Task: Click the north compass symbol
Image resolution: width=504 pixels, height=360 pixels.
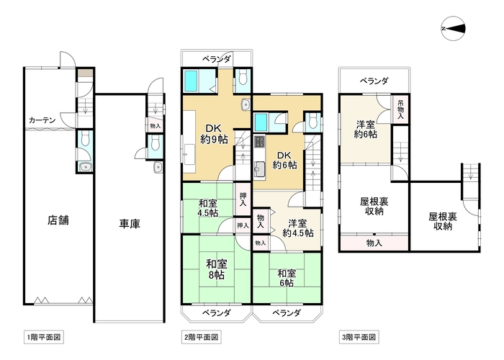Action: (x=453, y=29)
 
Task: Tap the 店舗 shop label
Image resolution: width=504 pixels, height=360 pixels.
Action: (x=58, y=220)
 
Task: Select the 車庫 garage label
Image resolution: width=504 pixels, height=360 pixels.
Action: (x=130, y=224)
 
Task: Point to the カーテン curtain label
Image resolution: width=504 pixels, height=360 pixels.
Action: (x=42, y=120)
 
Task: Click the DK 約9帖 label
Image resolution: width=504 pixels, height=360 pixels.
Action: (x=214, y=134)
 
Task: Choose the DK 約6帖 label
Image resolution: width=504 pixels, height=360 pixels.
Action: (x=285, y=160)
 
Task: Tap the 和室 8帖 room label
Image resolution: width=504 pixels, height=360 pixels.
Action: (x=216, y=269)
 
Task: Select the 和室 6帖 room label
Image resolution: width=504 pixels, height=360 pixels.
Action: (x=287, y=278)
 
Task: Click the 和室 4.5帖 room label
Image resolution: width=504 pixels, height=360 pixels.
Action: (x=207, y=208)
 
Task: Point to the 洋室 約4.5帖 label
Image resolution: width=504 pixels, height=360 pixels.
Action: (x=298, y=228)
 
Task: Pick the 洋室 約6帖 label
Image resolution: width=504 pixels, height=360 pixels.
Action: (x=366, y=129)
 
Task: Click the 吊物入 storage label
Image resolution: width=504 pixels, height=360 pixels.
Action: (x=400, y=109)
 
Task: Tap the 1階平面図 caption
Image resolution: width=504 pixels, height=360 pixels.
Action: (x=44, y=337)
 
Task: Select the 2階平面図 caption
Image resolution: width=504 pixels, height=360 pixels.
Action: (x=201, y=337)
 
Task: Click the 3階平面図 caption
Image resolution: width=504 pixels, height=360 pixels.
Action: (x=359, y=337)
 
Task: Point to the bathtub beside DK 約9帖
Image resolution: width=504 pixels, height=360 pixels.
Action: (x=191, y=81)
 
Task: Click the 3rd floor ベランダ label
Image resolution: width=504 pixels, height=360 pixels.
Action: (x=374, y=81)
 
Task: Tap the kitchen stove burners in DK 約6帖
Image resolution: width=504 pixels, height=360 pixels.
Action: (x=259, y=141)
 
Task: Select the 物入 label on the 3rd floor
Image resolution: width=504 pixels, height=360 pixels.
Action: (x=374, y=243)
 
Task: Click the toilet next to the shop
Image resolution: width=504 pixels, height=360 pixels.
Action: (x=85, y=139)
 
